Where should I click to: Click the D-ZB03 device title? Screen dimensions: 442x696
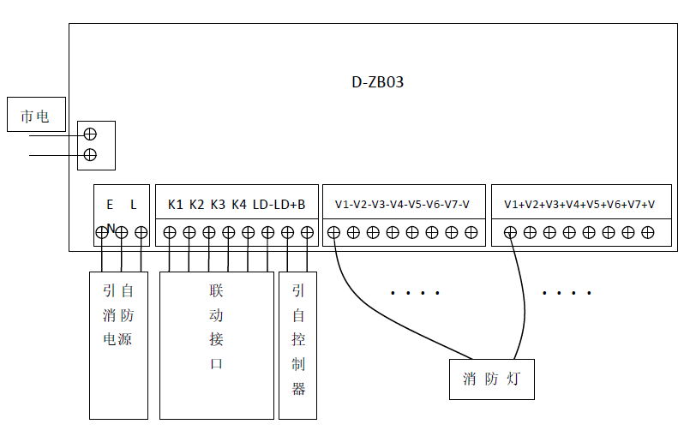pos(377,83)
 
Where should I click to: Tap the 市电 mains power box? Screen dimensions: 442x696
pos(36,115)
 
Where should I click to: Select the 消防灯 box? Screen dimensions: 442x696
pos(491,379)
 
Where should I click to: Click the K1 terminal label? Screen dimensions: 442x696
pos(176,205)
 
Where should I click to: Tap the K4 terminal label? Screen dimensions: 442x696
pos(238,205)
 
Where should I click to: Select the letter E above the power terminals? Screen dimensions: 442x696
pos(110,205)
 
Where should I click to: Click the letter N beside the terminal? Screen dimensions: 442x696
pos(111,228)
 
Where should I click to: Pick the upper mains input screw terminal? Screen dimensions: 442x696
pos(88,134)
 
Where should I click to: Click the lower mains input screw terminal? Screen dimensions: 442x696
pos(88,155)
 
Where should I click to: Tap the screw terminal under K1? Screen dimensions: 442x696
pos(170,232)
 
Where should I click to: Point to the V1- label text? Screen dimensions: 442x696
pos(345,205)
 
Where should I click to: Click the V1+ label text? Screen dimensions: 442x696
pos(514,205)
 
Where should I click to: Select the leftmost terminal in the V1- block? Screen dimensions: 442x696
pos(333,232)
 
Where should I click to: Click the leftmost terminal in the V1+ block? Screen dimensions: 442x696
pos(510,232)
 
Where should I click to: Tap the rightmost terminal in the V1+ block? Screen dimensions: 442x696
pos(648,232)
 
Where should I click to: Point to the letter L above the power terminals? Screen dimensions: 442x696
pos(134,205)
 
